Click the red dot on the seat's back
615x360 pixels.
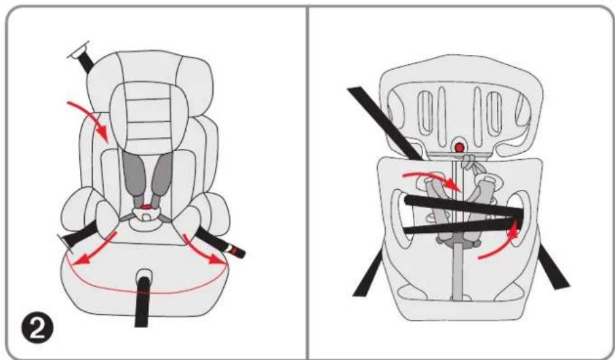pyautogui.click(x=460, y=146)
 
